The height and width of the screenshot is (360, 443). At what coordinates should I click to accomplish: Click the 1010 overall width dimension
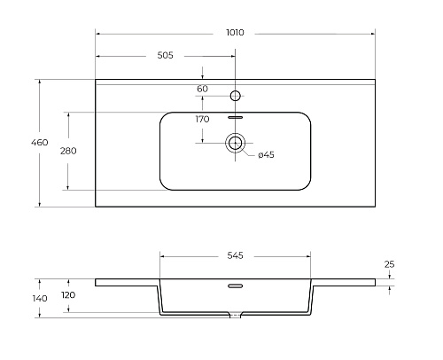(x=235, y=32)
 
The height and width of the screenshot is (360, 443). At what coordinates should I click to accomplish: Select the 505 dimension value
(x=165, y=55)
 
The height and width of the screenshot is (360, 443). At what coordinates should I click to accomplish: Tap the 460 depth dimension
(x=40, y=143)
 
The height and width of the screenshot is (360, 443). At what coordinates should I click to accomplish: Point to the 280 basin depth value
(x=68, y=151)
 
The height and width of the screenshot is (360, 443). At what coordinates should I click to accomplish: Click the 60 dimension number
(x=202, y=89)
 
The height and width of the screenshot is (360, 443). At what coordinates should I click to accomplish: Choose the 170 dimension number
(x=202, y=119)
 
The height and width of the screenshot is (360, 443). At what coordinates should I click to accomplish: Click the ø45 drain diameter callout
(x=266, y=154)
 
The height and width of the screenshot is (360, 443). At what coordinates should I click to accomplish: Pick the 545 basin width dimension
(x=235, y=255)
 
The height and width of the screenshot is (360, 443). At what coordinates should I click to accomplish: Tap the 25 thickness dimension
(x=389, y=264)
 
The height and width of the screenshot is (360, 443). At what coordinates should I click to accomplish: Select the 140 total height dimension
(x=40, y=299)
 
